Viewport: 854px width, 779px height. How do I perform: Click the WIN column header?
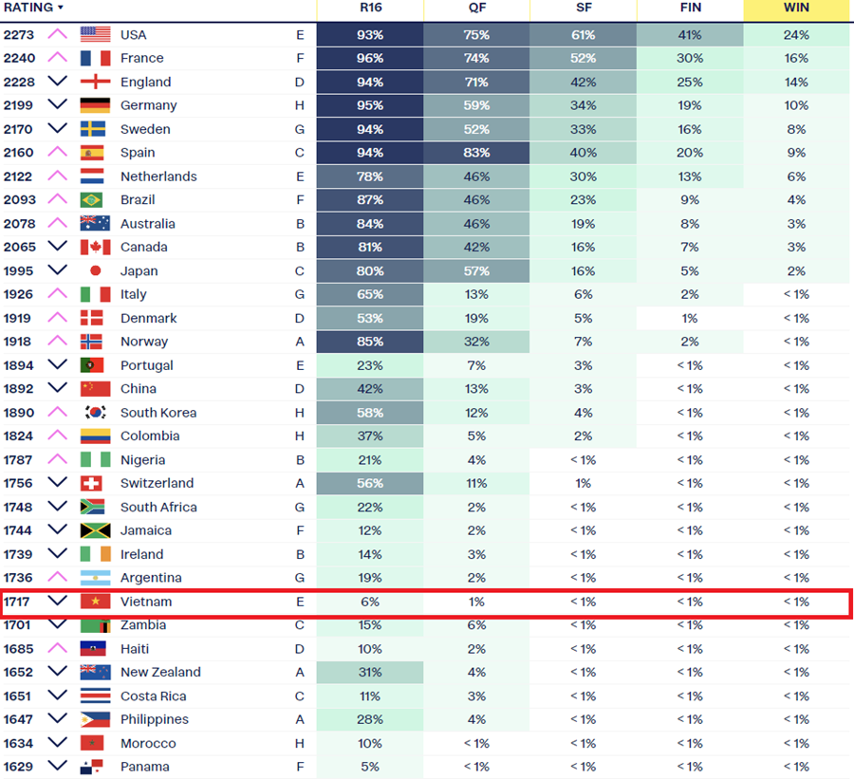tap(796, 8)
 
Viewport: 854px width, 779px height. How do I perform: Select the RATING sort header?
tap(33, 8)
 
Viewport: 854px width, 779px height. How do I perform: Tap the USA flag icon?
tap(95, 34)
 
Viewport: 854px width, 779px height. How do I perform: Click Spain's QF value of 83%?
tap(476, 153)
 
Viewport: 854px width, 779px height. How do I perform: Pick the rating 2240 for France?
tap(19, 58)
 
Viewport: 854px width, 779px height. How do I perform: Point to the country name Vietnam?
tap(146, 602)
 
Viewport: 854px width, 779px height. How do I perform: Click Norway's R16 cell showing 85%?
tap(370, 342)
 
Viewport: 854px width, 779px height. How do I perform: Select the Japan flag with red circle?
tap(95, 270)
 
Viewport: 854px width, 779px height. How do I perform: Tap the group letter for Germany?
tap(300, 105)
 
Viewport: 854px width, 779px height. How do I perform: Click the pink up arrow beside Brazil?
tap(57, 199)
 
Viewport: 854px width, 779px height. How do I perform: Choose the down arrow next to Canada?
tap(57, 247)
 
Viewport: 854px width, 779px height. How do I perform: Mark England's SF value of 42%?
tap(583, 83)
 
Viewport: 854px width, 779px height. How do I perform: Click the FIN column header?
tap(690, 8)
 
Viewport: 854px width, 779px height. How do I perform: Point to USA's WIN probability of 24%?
tap(796, 35)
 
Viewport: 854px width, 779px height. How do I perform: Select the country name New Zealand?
tap(160, 672)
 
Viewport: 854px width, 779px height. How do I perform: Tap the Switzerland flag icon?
tap(91, 483)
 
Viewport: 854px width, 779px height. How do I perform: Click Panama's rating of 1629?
tap(19, 767)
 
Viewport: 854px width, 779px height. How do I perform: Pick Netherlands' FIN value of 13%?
tap(690, 176)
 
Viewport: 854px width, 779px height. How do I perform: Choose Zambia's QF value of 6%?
tap(476, 625)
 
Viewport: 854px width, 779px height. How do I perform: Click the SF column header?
tap(584, 8)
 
